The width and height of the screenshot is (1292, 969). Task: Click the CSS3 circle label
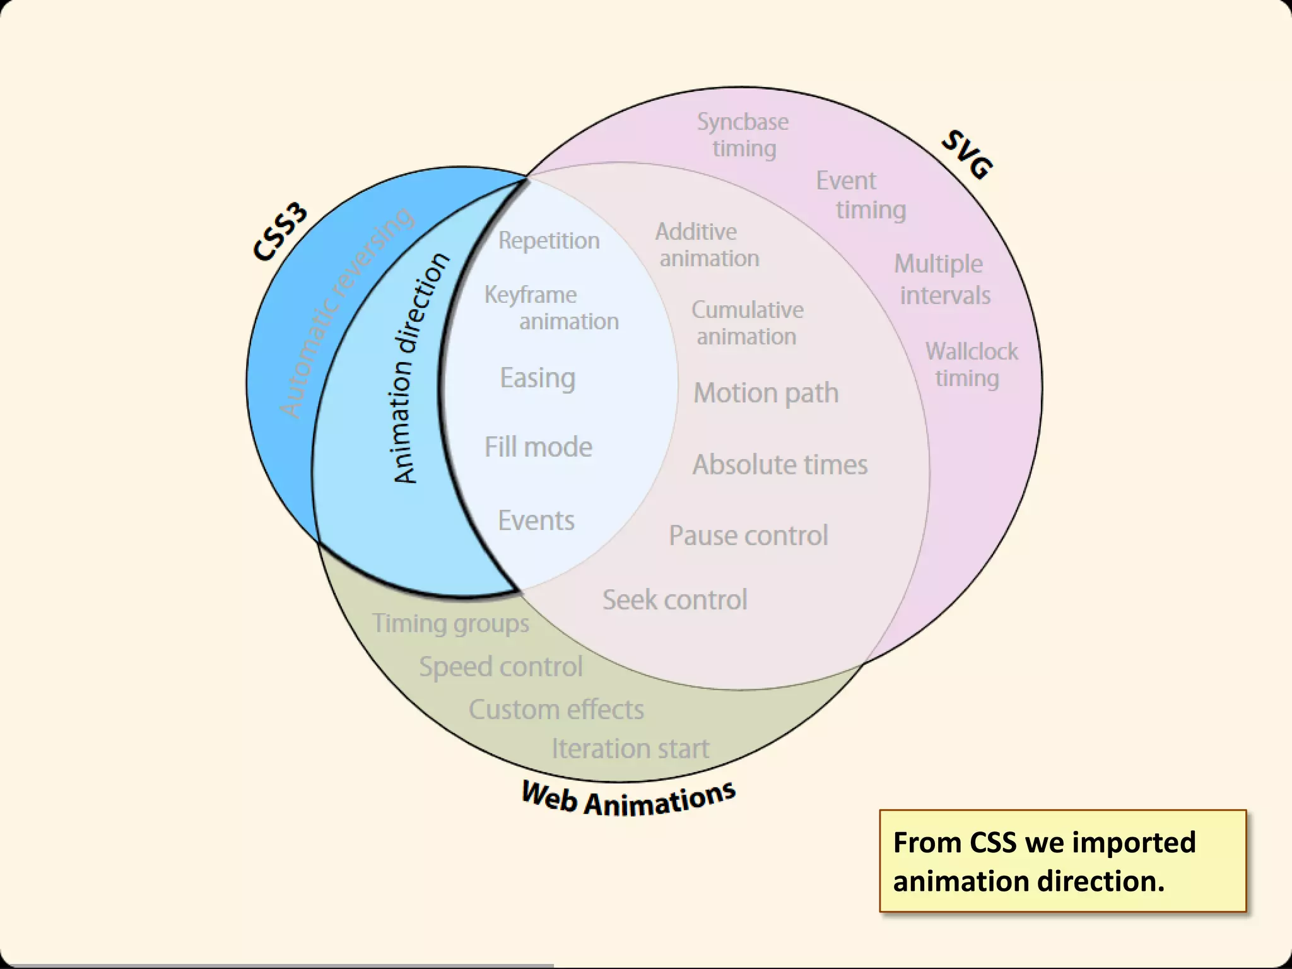coord(280,232)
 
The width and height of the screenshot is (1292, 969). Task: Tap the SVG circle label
coord(967,155)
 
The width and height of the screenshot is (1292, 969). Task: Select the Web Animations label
coord(628,798)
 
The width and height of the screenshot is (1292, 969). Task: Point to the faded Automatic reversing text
coord(346,312)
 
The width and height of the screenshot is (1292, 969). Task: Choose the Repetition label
coord(549,240)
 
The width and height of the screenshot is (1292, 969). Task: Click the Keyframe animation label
coord(551,308)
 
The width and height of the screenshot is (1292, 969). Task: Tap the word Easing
coord(537,378)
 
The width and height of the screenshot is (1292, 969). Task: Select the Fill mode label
coord(538,447)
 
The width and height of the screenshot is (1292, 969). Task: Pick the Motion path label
coord(766,393)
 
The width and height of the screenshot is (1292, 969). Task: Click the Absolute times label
coord(780,465)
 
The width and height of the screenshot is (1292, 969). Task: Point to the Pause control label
coord(748,536)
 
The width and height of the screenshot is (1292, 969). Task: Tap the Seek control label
coord(674,600)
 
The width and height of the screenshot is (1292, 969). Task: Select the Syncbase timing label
coord(743,135)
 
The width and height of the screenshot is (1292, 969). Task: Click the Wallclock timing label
coord(971,365)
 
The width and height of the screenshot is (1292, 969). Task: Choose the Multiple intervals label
coord(942,279)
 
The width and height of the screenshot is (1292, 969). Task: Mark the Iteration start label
coord(630,749)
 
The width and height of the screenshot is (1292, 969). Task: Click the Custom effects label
coord(556,710)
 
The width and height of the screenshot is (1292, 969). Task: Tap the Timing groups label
coord(450,624)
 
